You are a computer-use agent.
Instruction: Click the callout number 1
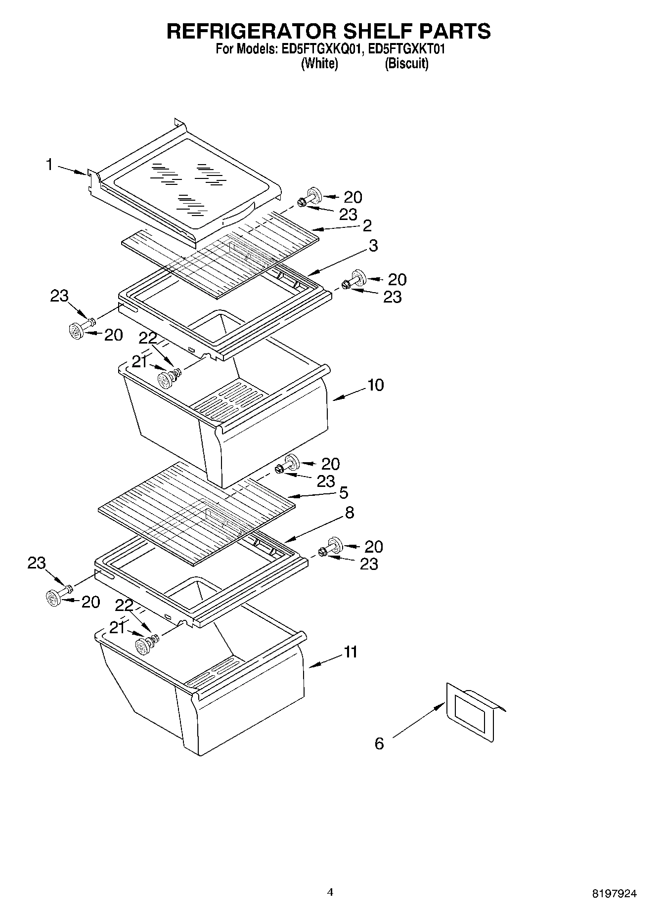pos(49,165)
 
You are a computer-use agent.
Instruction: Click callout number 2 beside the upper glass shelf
pos(367,225)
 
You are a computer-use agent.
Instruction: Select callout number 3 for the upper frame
pos(373,245)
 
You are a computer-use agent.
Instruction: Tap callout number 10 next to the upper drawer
pos(375,385)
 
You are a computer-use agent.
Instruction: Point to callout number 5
pos(343,492)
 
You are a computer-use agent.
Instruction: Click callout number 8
pos(349,513)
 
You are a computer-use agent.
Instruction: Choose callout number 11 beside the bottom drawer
pos(351,652)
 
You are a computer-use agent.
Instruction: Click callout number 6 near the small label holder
pos(379,743)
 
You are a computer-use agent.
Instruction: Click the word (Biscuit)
pos(406,64)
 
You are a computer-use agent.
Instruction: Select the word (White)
pos(319,64)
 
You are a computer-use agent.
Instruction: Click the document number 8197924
pos(615,893)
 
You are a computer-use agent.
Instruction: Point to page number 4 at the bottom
pos(330,892)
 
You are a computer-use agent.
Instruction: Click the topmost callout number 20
pos(353,197)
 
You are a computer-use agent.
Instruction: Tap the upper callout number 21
pos(139,362)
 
